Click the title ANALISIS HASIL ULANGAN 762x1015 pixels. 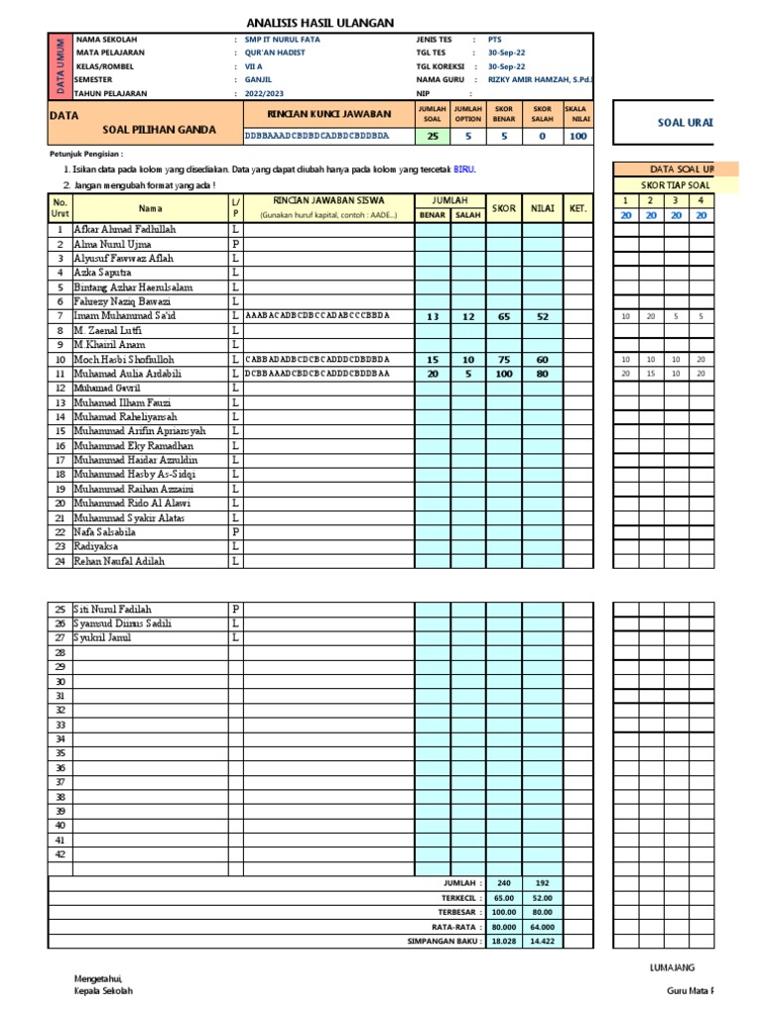(319, 23)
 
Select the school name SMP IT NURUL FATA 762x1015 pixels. (283, 40)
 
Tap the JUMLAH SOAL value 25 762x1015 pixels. (433, 136)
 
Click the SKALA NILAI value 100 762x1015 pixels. (578, 136)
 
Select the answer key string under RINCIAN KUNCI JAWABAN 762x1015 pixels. (317, 135)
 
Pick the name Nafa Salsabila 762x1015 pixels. (107, 532)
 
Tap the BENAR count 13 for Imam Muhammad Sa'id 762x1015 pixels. (433, 316)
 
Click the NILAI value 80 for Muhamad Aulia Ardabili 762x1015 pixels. (543, 374)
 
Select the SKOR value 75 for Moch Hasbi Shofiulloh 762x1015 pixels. (503, 360)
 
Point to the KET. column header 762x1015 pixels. (577, 208)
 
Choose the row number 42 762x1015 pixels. (61, 854)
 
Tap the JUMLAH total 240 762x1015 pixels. (503, 883)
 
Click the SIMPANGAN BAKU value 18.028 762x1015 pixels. (503, 941)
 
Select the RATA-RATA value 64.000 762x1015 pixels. (543, 926)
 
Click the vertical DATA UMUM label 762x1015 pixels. (60, 65)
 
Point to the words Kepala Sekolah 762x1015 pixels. (104, 990)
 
